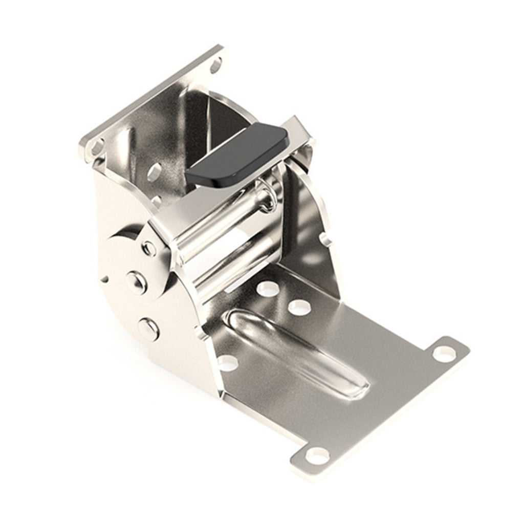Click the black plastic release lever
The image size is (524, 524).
tap(236, 154)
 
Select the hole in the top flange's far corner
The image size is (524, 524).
tap(215, 65)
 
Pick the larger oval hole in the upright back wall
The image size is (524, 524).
tap(154, 171)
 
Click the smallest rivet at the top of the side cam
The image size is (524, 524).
tap(149, 248)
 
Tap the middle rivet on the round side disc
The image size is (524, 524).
tap(137, 281)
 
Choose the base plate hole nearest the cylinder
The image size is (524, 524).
tap(268, 289)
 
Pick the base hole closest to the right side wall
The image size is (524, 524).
tap(299, 307)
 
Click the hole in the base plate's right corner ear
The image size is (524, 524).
tap(444, 353)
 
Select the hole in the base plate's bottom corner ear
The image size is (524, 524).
tap(318, 455)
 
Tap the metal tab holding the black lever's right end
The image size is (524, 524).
tap(299, 130)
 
